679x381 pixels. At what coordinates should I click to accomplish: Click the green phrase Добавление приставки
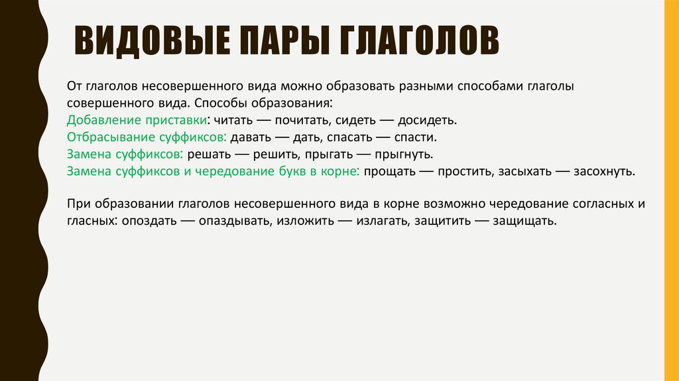pyautogui.click(x=136, y=121)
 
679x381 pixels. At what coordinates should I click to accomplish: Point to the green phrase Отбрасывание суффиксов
pyautogui.click(x=146, y=138)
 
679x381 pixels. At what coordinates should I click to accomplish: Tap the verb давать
pyautogui.click(x=249, y=138)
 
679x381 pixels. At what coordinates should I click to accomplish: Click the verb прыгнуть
pyautogui.click(x=409, y=155)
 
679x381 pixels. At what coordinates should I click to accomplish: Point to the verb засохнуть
pyautogui.click(x=603, y=171)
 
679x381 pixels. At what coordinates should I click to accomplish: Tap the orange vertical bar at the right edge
pyautogui.click(x=671, y=190)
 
